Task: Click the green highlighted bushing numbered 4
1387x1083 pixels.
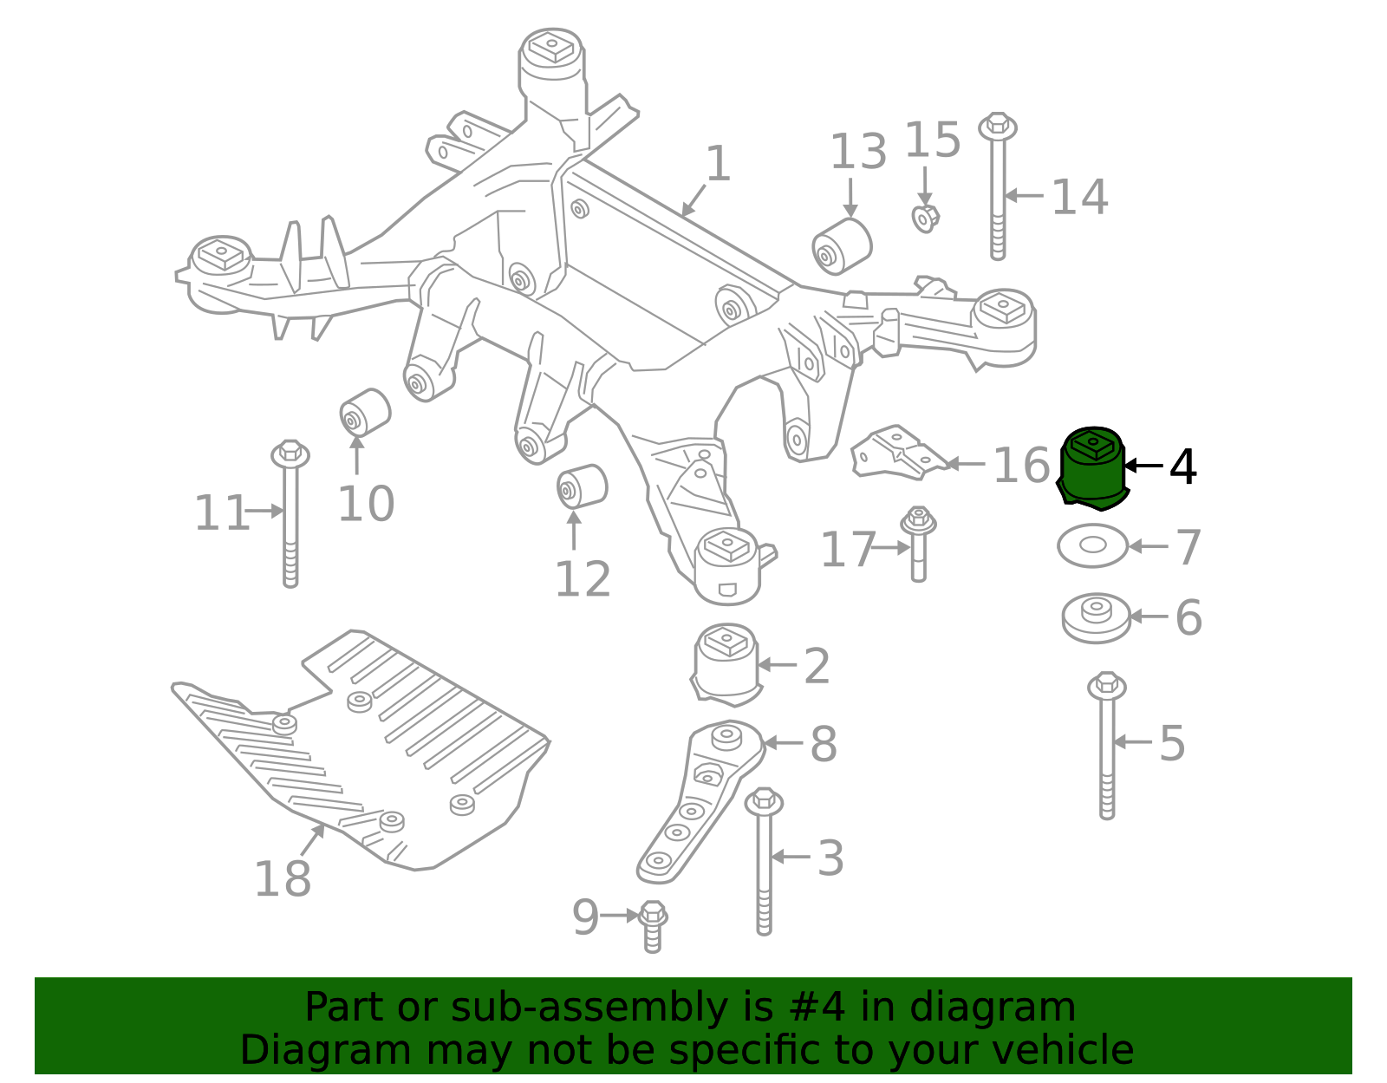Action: (x=1092, y=468)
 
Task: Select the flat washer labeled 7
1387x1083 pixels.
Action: (x=1092, y=545)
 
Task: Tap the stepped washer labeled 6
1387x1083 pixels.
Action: (x=1097, y=617)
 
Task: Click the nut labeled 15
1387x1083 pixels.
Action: (x=925, y=218)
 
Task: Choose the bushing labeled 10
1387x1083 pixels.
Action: (x=365, y=414)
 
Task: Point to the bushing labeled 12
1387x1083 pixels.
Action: (x=582, y=486)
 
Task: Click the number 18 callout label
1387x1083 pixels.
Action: (x=283, y=879)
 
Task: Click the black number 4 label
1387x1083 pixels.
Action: (x=1182, y=467)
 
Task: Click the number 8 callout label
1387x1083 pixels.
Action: (x=823, y=744)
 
